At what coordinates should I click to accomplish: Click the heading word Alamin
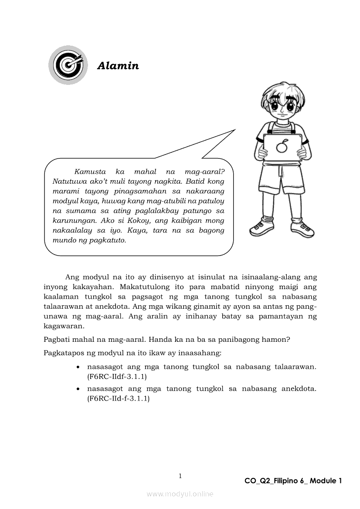click(x=118, y=66)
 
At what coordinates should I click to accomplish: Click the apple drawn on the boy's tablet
click(x=282, y=146)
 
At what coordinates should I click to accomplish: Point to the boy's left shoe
click(x=302, y=228)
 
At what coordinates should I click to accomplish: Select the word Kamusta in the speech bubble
click(x=90, y=172)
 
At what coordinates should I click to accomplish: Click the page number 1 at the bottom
click(x=180, y=476)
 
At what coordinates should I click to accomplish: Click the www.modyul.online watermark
click(x=180, y=494)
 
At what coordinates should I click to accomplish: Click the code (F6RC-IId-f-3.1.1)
click(x=119, y=398)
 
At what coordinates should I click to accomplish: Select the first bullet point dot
click(x=78, y=367)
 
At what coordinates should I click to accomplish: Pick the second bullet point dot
click(x=78, y=389)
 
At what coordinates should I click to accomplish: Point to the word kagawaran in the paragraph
click(x=64, y=326)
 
